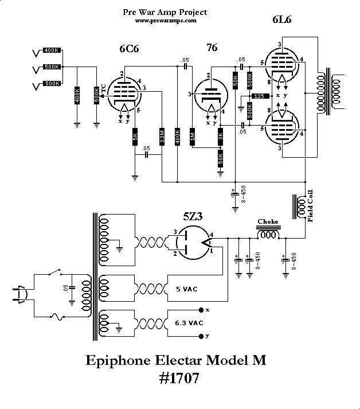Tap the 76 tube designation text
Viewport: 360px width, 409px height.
(212, 48)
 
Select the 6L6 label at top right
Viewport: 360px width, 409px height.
(281, 21)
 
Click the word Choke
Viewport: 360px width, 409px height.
(267, 221)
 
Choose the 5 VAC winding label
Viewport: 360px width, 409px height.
(186, 289)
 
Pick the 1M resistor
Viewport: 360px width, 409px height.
(193, 138)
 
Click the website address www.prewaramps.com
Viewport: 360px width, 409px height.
(166, 20)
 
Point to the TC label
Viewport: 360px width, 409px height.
(104, 88)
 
